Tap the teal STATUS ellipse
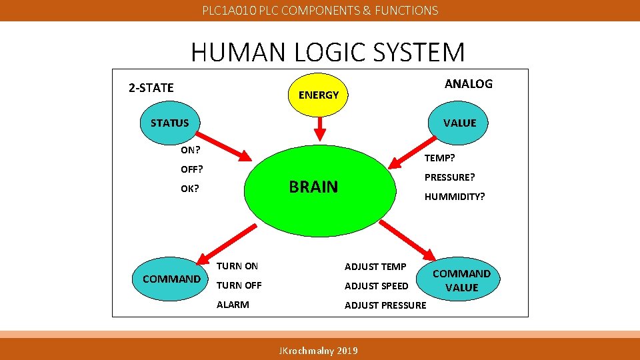click(x=169, y=123)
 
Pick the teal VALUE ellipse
click(x=460, y=123)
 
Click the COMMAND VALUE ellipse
click(x=462, y=281)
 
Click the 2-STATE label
click(x=151, y=88)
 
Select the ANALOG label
click(x=469, y=84)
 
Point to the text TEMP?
click(x=440, y=158)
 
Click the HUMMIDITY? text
click(x=455, y=197)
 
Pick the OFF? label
click(x=191, y=169)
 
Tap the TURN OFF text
click(x=239, y=285)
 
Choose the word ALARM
click(x=233, y=305)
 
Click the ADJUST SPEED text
click(x=376, y=286)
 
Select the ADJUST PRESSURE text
click(x=385, y=305)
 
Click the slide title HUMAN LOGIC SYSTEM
click(x=327, y=52)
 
